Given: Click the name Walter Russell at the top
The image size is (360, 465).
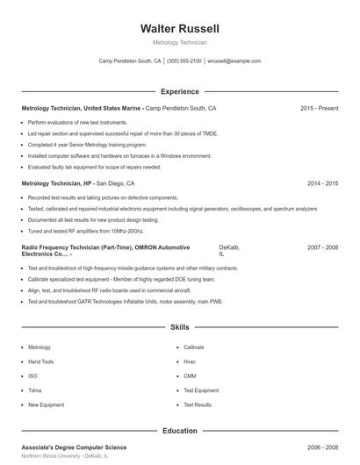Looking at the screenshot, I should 180,28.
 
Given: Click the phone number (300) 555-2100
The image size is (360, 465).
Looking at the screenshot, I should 184,61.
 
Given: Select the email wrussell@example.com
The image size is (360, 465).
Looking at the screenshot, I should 234,61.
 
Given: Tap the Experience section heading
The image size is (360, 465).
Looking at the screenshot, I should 180,91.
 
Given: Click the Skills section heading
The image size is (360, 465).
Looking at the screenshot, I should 180,327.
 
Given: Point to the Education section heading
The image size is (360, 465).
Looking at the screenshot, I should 180,431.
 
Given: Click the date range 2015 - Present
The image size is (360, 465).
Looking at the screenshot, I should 319,108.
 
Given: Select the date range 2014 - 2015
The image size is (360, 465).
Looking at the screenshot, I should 323,184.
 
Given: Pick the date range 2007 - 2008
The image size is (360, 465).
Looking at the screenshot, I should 323,248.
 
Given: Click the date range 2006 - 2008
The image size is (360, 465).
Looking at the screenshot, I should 323,447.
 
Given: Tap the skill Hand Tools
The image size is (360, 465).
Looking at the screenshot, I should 41,361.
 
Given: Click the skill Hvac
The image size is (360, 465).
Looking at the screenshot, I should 190,361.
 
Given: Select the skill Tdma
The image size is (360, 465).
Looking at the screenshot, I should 35,390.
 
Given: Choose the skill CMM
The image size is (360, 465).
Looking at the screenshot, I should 190,376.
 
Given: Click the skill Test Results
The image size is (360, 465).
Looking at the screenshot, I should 198,404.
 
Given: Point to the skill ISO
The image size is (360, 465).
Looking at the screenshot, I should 33,376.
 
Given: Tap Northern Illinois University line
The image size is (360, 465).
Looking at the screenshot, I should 65,457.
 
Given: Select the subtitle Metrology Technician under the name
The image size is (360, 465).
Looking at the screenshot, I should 180,42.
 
